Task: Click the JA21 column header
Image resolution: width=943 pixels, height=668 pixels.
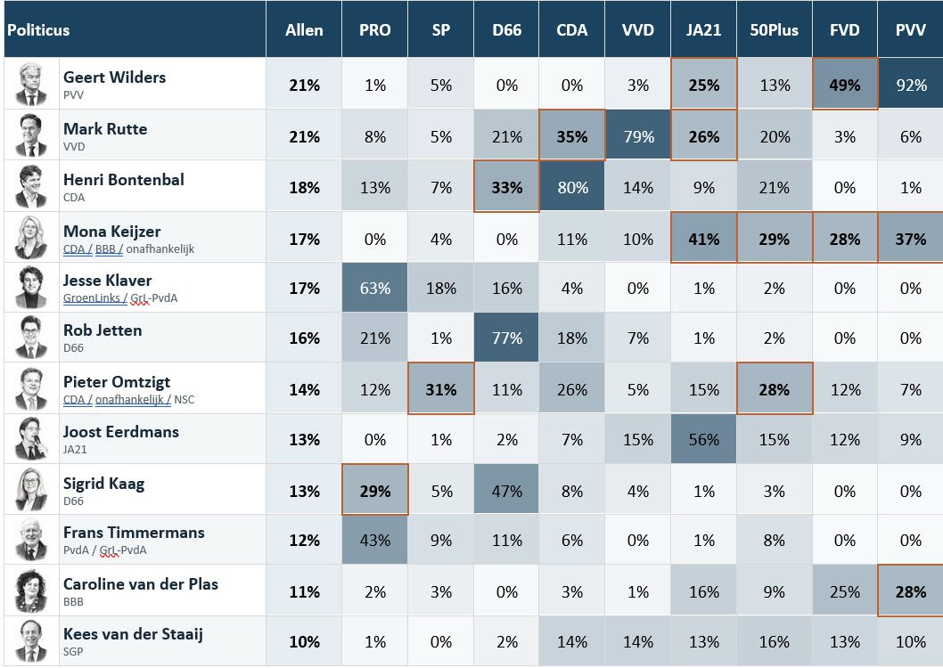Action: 703,30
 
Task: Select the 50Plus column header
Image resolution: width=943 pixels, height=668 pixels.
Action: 774,30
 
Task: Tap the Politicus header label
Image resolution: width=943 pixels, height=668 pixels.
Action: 38,30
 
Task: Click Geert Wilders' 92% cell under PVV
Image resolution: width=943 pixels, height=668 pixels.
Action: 911,85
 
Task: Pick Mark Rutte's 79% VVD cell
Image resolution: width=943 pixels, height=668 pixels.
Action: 638,136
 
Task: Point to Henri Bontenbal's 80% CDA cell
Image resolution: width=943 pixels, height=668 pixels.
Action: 572,187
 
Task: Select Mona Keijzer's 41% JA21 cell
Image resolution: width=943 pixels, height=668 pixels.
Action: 703,239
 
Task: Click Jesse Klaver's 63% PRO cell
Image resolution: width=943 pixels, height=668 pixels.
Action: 374,289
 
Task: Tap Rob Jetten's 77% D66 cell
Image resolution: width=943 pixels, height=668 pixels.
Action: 506,338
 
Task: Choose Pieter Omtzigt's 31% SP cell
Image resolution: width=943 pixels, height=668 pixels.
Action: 441,390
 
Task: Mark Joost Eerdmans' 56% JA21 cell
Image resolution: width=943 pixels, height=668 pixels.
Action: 703,440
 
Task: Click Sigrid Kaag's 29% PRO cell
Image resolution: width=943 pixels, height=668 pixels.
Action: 374,491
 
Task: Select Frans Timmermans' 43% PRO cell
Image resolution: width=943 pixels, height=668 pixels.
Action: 374,540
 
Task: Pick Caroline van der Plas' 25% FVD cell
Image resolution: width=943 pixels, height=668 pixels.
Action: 844,591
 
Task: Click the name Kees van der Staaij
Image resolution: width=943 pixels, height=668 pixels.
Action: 133,634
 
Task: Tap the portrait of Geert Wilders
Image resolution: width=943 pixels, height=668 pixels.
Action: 31,84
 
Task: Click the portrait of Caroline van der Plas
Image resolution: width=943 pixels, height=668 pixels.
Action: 31,591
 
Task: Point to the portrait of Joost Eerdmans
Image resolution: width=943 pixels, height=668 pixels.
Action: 31,438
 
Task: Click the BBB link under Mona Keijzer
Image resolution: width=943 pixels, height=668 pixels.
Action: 105,248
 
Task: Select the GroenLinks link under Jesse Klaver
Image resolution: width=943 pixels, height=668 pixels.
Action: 92,298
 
